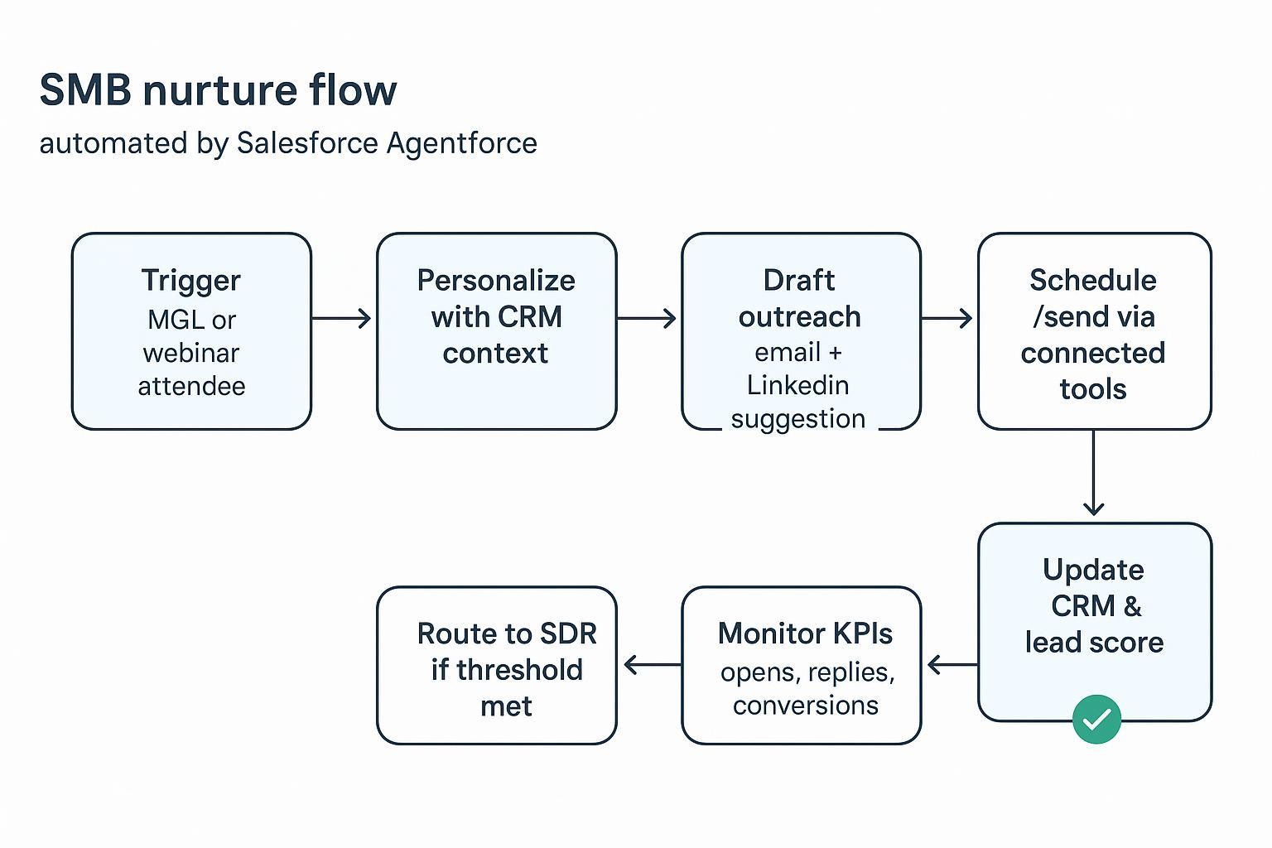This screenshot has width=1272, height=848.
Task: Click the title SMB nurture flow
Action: [218, 89]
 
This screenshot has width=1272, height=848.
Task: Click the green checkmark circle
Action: [1096, 719]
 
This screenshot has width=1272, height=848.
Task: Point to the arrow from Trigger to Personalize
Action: [342, 318]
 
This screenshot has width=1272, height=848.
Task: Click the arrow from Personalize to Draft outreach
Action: [647, 318]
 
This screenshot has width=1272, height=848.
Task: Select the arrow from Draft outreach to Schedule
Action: [947, 318]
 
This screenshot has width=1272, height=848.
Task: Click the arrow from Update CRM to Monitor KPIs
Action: [952, 664]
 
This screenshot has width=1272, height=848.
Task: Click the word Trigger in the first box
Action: [190, 281]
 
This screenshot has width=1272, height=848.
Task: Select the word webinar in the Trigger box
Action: [190, 353]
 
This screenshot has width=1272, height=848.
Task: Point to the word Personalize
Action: [495, 281]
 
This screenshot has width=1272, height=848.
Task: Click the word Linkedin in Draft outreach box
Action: [797, 385]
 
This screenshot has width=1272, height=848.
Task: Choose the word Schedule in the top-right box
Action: [1092, 281]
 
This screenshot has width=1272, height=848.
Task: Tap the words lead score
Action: [1094, 643]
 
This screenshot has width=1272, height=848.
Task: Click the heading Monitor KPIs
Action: [805, 634]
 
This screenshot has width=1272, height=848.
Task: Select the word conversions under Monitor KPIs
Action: [805, 706]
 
